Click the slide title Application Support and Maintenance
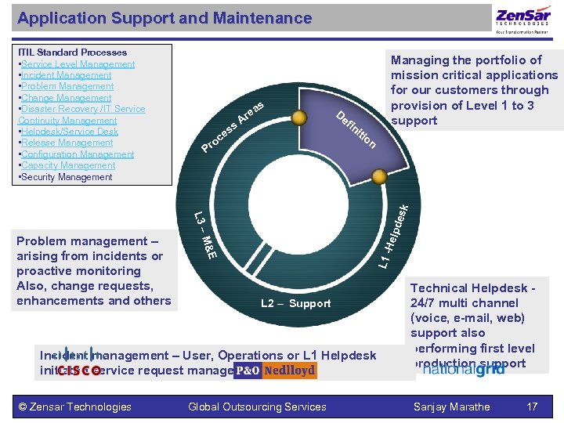[x=164, y=18]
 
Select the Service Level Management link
[x=78, y=64]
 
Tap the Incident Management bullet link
[x=67, y=75]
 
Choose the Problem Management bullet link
[x=67, y=86]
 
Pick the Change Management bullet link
[x=67, y=98]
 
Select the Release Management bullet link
[x=67, y=143]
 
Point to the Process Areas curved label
[x=236, y=125]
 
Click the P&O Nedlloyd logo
[x=275, y=371]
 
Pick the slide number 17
[x=532, y=407]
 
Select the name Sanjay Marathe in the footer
[x=452, y=407]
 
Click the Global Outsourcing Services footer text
[x=257, y=407]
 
